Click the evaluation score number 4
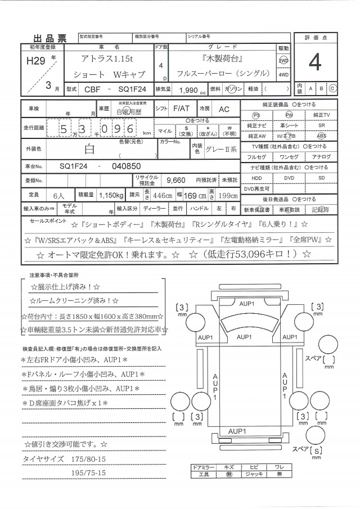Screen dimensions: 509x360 [314, 64]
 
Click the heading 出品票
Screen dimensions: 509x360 [49, 38]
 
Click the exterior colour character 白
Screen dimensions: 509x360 [89, 150]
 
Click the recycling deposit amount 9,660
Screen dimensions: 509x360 [176, 179]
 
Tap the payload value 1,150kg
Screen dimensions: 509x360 [111, 195]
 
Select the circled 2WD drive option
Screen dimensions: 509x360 [283, 61]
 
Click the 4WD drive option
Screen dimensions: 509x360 [283, 74]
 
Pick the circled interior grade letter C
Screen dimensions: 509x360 [332, 88]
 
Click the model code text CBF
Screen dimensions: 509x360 [93, 89]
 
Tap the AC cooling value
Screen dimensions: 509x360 [224, 109]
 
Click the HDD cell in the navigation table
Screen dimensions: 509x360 [256, 178]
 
